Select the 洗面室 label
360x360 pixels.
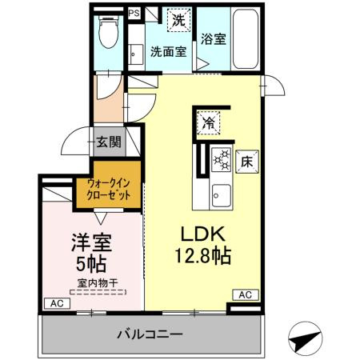[169, 52]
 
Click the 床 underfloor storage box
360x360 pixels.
[247, 159]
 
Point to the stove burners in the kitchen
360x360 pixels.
[220, 160]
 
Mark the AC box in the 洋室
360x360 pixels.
[56, 304]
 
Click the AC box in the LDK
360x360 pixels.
[246, 295]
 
